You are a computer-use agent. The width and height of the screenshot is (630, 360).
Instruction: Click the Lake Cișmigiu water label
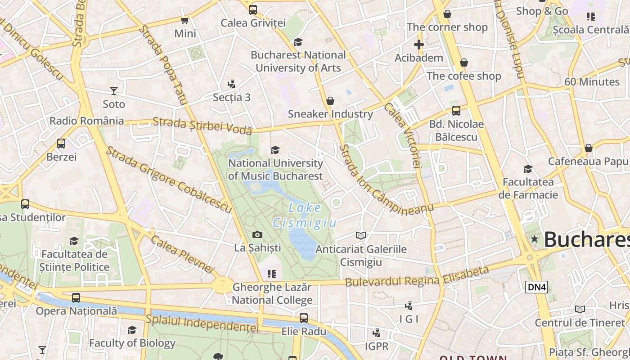click(x=305, y=215)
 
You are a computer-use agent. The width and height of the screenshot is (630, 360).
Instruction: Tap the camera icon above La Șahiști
click(x=257, y=234)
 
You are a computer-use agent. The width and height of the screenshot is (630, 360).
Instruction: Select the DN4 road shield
click(x=536, y=287)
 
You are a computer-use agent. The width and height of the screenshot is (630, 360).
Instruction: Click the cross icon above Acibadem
click(x=419, y=45)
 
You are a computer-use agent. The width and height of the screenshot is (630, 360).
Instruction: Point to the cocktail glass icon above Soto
click(x=114, y=91)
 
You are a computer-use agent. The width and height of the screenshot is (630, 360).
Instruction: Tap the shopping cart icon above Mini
click(x=184, y=20)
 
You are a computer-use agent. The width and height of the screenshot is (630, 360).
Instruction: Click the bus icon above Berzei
click(x=61, y=144)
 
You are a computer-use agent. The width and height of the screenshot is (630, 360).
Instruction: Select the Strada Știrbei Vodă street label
click(x=202, y=126)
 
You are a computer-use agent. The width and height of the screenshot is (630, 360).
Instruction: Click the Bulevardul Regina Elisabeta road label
click(x=417, y=276)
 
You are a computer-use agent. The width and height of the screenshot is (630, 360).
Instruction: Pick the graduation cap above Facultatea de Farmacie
click(x=528, y=169)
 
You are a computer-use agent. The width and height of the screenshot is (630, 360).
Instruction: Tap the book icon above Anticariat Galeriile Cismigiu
click(x=361, y=235)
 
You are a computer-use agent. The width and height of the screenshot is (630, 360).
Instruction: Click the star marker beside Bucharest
click(x=535, y=239)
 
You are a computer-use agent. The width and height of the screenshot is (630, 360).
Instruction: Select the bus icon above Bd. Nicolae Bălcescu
click(x=456, y=110)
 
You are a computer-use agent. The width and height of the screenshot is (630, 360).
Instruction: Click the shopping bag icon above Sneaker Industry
click(x=330, y=100)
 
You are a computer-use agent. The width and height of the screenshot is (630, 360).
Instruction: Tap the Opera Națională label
click(x=76, y=311)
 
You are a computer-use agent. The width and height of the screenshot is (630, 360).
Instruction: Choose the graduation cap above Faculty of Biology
click(x=132, y=330)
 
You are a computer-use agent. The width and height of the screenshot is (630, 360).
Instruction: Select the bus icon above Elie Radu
click(x=304, y=318)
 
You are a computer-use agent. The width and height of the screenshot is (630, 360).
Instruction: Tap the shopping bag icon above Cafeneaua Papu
click(x=588, y=148)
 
